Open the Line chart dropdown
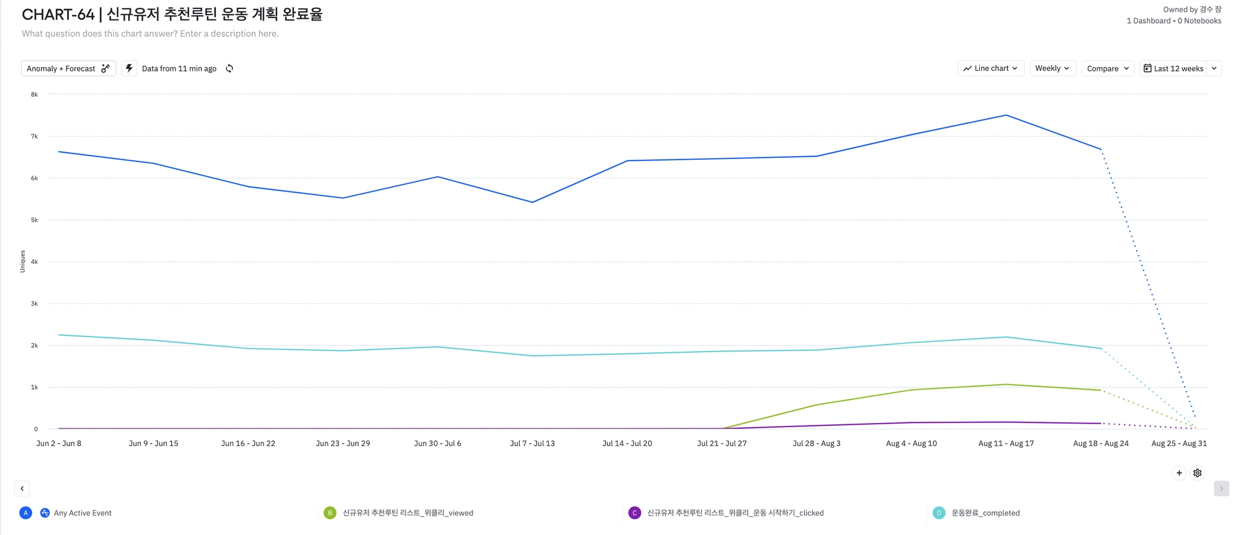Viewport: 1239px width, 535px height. click(x=990, y=68)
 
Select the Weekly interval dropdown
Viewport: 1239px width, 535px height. click(x=1052, y=68)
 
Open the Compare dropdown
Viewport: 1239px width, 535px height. click(x=1107, y=68)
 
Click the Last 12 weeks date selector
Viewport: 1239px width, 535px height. click(x=1173, y=68)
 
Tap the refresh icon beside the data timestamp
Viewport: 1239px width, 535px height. click(x=229, y=68)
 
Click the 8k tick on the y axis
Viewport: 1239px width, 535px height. click(x=34, y=94)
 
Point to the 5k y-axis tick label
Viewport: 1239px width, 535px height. click(x=34, y=220)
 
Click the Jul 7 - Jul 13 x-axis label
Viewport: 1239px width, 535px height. click(x=532, y=444)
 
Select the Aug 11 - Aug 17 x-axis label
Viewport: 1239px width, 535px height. click(x=1006, y=444)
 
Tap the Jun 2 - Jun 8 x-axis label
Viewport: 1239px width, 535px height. click(x=59, y=444)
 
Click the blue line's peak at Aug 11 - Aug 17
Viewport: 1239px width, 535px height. click(x=1006, y=115)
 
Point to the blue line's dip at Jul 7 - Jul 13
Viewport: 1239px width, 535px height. click(x=532, y=202)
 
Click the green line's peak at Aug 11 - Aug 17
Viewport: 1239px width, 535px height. click(x=1006, y=384)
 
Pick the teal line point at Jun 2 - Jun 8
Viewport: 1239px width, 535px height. click(x=59, y=335)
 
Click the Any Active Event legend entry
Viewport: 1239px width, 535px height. click(x=82, y=513)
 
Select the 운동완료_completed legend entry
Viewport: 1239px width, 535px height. click(x=985, y=513)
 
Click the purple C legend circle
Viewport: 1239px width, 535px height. click(x=635, y=513)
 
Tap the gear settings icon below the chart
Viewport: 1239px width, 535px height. click(x=1197, y=473)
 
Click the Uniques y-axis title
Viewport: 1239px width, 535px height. click(x=22, y=261)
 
